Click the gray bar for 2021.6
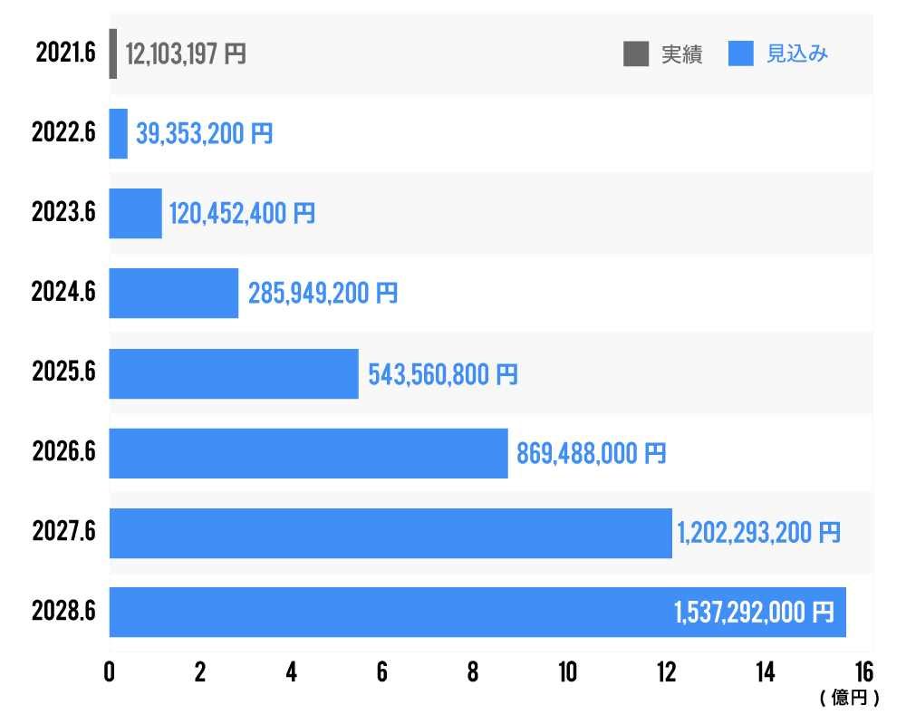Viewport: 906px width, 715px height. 113,53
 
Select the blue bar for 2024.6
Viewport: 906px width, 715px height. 174,293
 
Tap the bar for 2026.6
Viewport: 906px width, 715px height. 308,453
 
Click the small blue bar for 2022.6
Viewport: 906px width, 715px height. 119,134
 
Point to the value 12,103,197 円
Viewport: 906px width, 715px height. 186,54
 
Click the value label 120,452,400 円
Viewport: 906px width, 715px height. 242,214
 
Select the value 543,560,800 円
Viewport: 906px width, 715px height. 443,373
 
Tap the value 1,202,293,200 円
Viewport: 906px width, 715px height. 759,533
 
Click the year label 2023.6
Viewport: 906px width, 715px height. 63,214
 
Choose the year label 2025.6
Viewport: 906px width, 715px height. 63,373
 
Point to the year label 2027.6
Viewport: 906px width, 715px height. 63,533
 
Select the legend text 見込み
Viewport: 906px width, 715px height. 797,54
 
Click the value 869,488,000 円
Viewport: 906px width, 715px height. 592,453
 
